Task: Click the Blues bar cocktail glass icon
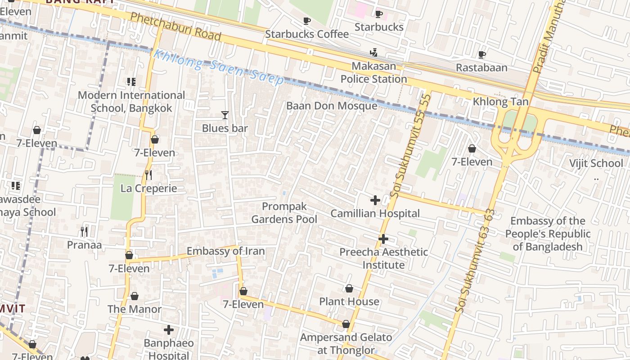pyautogui.click(x=225, y=115)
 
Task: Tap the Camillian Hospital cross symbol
pyautogui.click(x=375, y=200)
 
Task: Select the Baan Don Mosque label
pyautogui.click(x=332, y=106)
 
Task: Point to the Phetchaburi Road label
pyautogui.click(x=175, y=26)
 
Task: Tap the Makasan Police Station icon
pyautogui.click(x=373, y=53)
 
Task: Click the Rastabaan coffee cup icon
pyautogui.click(x=481, y=54)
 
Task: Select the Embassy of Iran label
pyautogui.click(x=225, y=251)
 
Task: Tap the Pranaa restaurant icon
pyautogui.click(x=84, y=232)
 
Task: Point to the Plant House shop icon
pyautogui.click(x=349, y=288)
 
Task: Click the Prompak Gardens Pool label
pyautogui.click(x=284, y=213)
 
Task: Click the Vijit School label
pyautogui.click(x=596, y=163)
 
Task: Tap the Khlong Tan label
pyautogui.click(x=500, y=102)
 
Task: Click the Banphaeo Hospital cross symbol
pyautogui.click(x=169, y=330)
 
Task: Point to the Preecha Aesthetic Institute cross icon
pyautogui.click(x=383, y=239)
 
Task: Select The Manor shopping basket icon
pyautogui.click(x=135, y=296)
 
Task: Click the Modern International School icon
pyautogui.click(x=131, y=82)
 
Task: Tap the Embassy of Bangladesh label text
pyautogui.click(x=548, y=234)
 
